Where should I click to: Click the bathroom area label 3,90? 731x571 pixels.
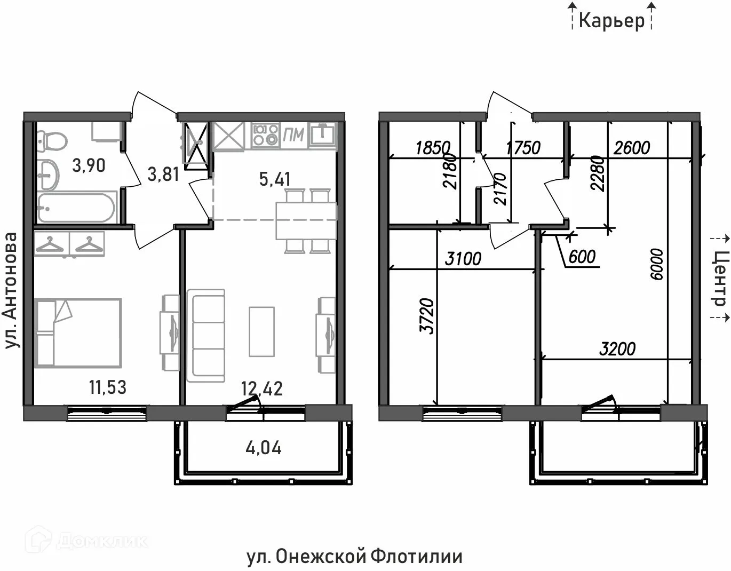point(89,166)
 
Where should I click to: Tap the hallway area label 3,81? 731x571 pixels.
point(163,174)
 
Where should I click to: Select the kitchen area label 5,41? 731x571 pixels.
point(275,179)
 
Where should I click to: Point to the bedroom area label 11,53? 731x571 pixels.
point(108,387)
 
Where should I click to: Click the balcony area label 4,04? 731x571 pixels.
point(264,448)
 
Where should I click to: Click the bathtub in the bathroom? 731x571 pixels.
point(76,208)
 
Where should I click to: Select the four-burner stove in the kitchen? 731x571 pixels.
point(266,134)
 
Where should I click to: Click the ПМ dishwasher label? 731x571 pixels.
point(293,135)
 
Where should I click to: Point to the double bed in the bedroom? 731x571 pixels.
point(78,332)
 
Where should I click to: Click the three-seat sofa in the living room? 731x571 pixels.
point(205,334)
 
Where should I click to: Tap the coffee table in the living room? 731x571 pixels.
point(261,331)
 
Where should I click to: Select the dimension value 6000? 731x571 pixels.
point(657,264)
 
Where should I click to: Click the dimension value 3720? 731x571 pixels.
point(427,316)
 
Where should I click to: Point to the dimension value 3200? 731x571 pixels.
point(617,349)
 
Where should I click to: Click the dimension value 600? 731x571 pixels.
point(582,257)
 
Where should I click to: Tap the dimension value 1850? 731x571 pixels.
point(433,148)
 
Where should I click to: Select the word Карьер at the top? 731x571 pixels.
point(611,21)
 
